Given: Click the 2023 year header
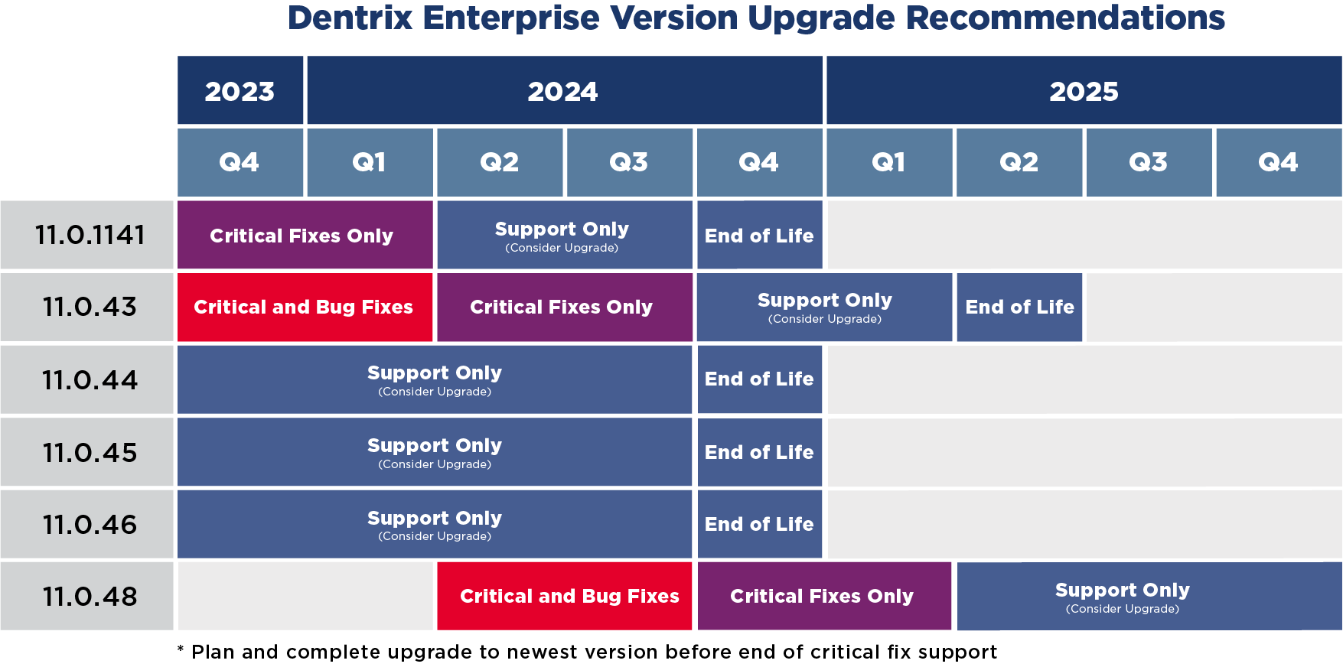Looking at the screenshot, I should click(240, 91).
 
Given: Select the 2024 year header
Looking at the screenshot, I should click(563, 91).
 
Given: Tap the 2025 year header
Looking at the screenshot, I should click(1084, 91).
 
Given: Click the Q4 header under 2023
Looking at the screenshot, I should click(240, 162).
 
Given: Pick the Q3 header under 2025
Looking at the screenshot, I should click(1148, 162).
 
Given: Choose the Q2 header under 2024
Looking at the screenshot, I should click(499, 162).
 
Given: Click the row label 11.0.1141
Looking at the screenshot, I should click(89, 235).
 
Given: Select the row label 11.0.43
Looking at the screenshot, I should click(89, 307).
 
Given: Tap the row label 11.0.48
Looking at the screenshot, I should click(89, 597).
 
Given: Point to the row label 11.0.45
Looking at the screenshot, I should click(89, 452).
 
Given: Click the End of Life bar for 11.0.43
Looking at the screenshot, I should click(1019, 307).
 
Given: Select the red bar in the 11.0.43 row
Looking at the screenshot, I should click(304, 307).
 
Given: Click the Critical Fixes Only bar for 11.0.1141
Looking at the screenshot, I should click(304, 235).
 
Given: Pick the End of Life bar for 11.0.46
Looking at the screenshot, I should click(759, 524).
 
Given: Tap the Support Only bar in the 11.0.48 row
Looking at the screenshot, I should click(1148, 597).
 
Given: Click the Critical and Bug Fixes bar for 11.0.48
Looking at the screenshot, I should click(564, 597).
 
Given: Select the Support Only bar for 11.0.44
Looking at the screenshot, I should click(434, 379).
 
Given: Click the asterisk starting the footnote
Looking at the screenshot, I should click(181, 650).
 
